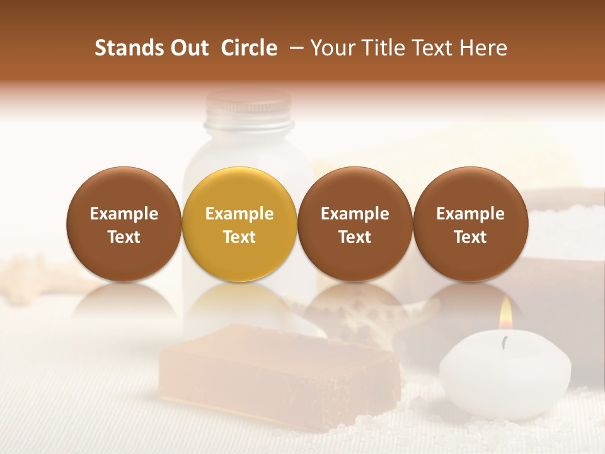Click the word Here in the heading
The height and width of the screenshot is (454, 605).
(x=485, y=48)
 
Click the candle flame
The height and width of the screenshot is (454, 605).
(x=505, y=313)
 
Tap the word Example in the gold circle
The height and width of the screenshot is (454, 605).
(x=239, y=214)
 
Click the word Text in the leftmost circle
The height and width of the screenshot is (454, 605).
(x=124, y=237)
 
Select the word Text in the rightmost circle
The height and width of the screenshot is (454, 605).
(x=470, y=237)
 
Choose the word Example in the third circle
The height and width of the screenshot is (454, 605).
(x=355, y=214)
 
